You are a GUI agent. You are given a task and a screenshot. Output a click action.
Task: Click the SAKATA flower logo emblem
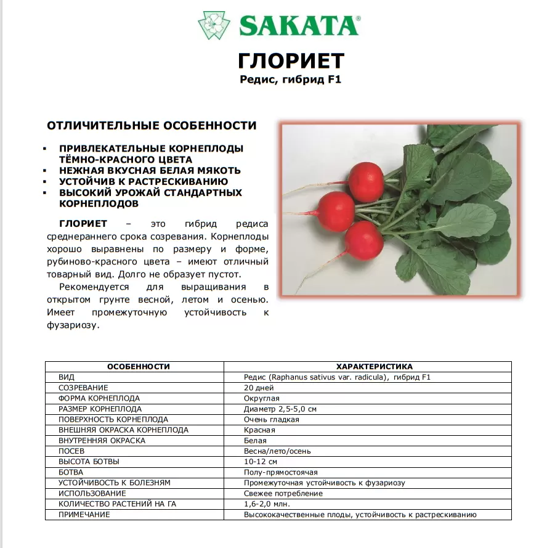tap(214, 25)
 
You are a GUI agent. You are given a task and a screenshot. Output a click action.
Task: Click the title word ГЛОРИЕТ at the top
tap(291, 61)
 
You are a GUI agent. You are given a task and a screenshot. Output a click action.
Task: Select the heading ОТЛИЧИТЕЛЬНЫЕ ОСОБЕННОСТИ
tap(152, 126)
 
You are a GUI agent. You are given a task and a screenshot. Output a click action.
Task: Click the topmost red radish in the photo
tap(366, 181)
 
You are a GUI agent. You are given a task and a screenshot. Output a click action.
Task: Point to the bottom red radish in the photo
tap(364, 240)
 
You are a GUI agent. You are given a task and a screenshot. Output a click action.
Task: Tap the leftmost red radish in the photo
tap(337, 211)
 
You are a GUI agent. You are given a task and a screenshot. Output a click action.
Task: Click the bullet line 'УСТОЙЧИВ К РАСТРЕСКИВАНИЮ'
tap(144, 182)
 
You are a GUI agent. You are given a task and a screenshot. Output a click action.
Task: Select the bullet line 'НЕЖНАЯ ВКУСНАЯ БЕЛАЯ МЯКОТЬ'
tap(150, 171)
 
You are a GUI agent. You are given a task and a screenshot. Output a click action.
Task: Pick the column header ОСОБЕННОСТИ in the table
tap(139, 366)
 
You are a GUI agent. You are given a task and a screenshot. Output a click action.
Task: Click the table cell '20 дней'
tap(258, 388)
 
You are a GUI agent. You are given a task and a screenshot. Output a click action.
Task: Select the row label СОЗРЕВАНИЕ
tap(83, 388)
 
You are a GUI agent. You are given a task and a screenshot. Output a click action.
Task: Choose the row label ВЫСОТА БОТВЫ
tap(89, 462)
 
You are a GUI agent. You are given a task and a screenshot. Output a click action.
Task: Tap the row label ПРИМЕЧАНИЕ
tap(84, 515)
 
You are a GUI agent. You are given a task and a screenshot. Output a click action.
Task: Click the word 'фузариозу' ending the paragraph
tap(72, 325)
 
